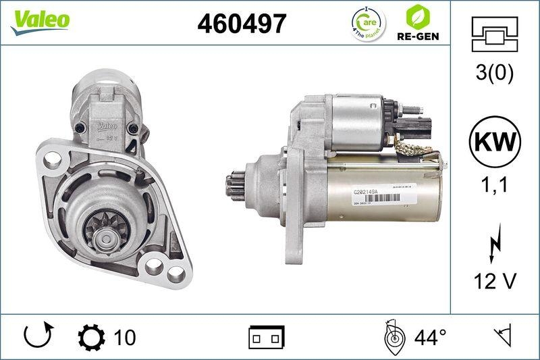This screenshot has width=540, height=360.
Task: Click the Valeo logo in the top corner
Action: click(x=40, y=20)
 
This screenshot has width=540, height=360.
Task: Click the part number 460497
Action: click(x=242, y=24)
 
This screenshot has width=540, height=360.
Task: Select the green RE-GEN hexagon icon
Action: click(x=414, y=16)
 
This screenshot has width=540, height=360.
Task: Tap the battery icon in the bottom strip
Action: click(x=267, y=336)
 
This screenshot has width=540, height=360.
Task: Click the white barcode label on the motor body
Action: click(x=377, y=195)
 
